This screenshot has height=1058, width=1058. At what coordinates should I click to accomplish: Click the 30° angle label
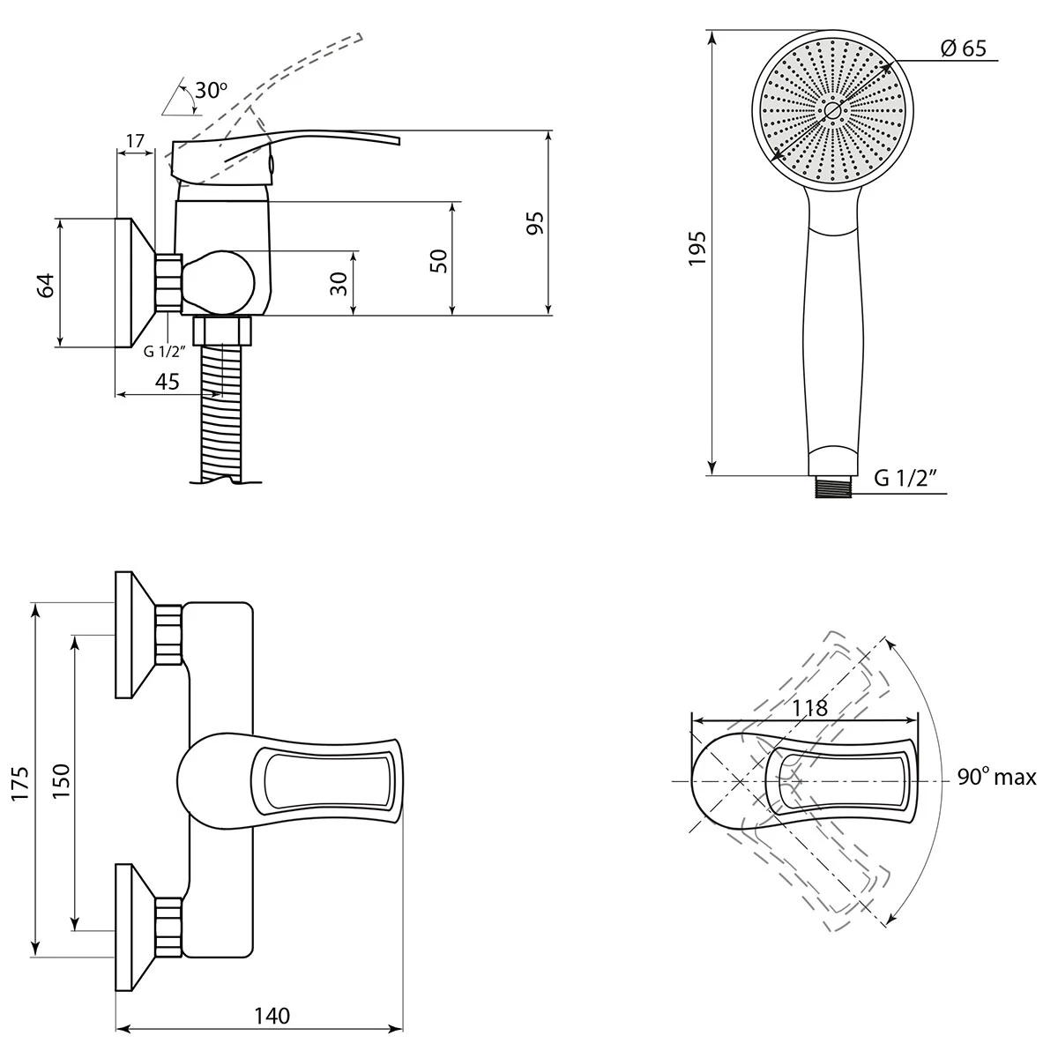pyautogui.click(x=212, y=90)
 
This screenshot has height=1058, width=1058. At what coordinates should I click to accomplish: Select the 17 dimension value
pyautogui.click(x=135, y=139)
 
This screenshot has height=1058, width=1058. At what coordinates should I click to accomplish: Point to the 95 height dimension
pyautogui.click(x=533, y=223)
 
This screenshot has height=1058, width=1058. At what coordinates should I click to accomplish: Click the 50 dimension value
pyautogui.click(x=439, y=259)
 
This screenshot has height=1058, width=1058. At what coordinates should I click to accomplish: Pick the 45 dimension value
pyautogui.click(x=167, y=382)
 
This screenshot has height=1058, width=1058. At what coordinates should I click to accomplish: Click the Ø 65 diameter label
pyautogui.click(x=963, y=48)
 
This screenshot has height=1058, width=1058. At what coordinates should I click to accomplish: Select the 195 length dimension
pyautogui.click(x=697, y=249)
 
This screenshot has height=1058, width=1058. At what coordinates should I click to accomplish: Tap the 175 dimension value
pyautogui.click(x=20, y=783)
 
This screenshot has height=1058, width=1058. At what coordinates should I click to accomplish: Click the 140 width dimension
pyautogui.click(x=272, y=1016)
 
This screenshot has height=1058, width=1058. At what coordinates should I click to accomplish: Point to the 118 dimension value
pyautogui.click(x=809, y=707)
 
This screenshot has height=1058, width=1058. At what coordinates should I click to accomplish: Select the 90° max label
pyautogui.click(x=996, y=778)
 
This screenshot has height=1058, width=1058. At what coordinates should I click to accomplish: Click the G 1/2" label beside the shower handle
pyautogui.click(x=905, y=479)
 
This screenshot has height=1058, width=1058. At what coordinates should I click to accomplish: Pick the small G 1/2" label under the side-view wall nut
pyautogui.click(x=165, y=352)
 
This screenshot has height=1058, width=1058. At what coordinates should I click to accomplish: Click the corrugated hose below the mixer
pyautogui.click(x=224, y=414)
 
